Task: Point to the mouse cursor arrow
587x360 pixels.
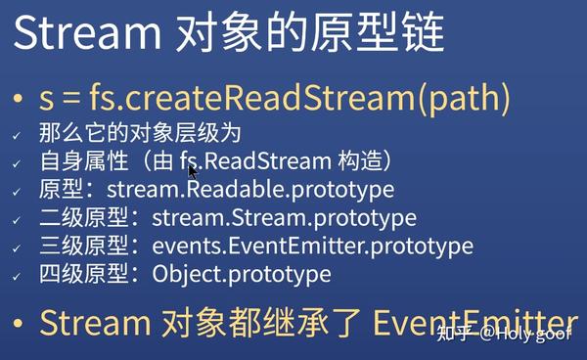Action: (x=193, y=170)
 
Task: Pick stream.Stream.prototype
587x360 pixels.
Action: (x=283, y=218)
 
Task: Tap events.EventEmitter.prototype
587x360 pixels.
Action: (x=312, y=247)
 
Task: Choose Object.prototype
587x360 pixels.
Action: (x=242, y=275)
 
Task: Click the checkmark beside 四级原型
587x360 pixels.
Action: (x=17, y=276)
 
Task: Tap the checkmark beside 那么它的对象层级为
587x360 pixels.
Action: (x=17, y=134)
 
